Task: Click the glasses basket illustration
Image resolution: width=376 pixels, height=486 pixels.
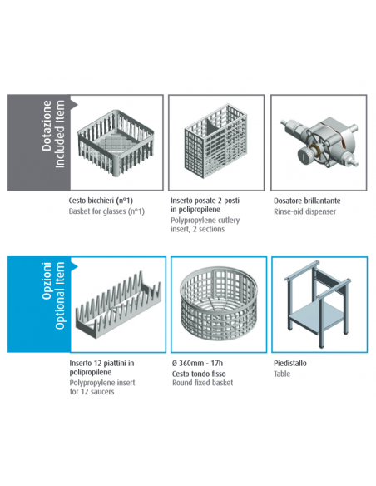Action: click(x=116, y=143)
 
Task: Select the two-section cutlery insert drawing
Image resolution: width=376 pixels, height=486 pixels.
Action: click(x=216, y=141)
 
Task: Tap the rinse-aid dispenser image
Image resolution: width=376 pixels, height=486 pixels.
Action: click(x=319, y=142)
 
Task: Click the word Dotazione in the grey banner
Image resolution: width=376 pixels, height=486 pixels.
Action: click(x=47, y=126)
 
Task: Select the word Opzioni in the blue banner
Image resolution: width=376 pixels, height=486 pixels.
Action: click(x=47, y=280)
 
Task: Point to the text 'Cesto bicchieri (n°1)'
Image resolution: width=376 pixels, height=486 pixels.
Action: click(x=101, y=201)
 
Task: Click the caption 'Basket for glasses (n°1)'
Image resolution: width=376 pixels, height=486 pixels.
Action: click(x=106, y=211)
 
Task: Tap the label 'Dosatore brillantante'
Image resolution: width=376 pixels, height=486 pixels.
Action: click(x=307, y=201)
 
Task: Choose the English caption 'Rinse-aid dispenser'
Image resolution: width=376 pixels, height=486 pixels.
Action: click(x=304, y=211)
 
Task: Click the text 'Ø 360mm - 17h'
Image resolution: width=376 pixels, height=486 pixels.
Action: click(x=197, y=363)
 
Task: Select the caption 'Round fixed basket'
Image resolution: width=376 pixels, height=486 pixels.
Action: click(x=202, y=383)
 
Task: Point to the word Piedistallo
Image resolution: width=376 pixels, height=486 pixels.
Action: click(x=290, y=364)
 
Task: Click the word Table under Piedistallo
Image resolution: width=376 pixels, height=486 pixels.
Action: click(x=282, y=374)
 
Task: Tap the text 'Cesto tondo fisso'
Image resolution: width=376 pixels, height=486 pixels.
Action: click(x=199, y=374)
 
